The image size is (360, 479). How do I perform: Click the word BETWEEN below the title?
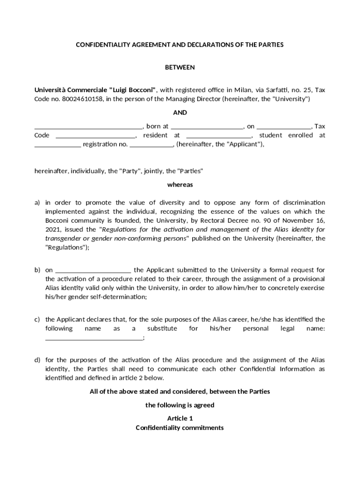[x=180, y=67]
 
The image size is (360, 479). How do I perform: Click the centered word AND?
[x=180, y=112]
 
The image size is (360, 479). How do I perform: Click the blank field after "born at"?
[x=207, y=127]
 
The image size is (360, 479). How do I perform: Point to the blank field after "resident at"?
[x=218, y=136]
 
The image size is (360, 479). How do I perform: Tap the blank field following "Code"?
[x=95, y=136]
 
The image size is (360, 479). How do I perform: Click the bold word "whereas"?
[x=180, y=184]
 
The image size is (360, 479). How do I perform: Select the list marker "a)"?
[x=37, y=203]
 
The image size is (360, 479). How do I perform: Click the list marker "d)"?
[x=37, y=360]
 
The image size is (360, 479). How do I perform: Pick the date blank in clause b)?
[x=93, y=270]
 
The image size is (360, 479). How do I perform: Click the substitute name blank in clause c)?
[x=94, y=338]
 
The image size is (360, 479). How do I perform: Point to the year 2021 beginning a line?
[x=53, y=230]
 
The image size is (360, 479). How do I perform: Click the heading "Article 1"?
[x=180, y=418]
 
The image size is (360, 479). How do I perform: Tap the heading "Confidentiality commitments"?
[x=180, y=428]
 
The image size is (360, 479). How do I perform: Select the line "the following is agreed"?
[x=180, y=405]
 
